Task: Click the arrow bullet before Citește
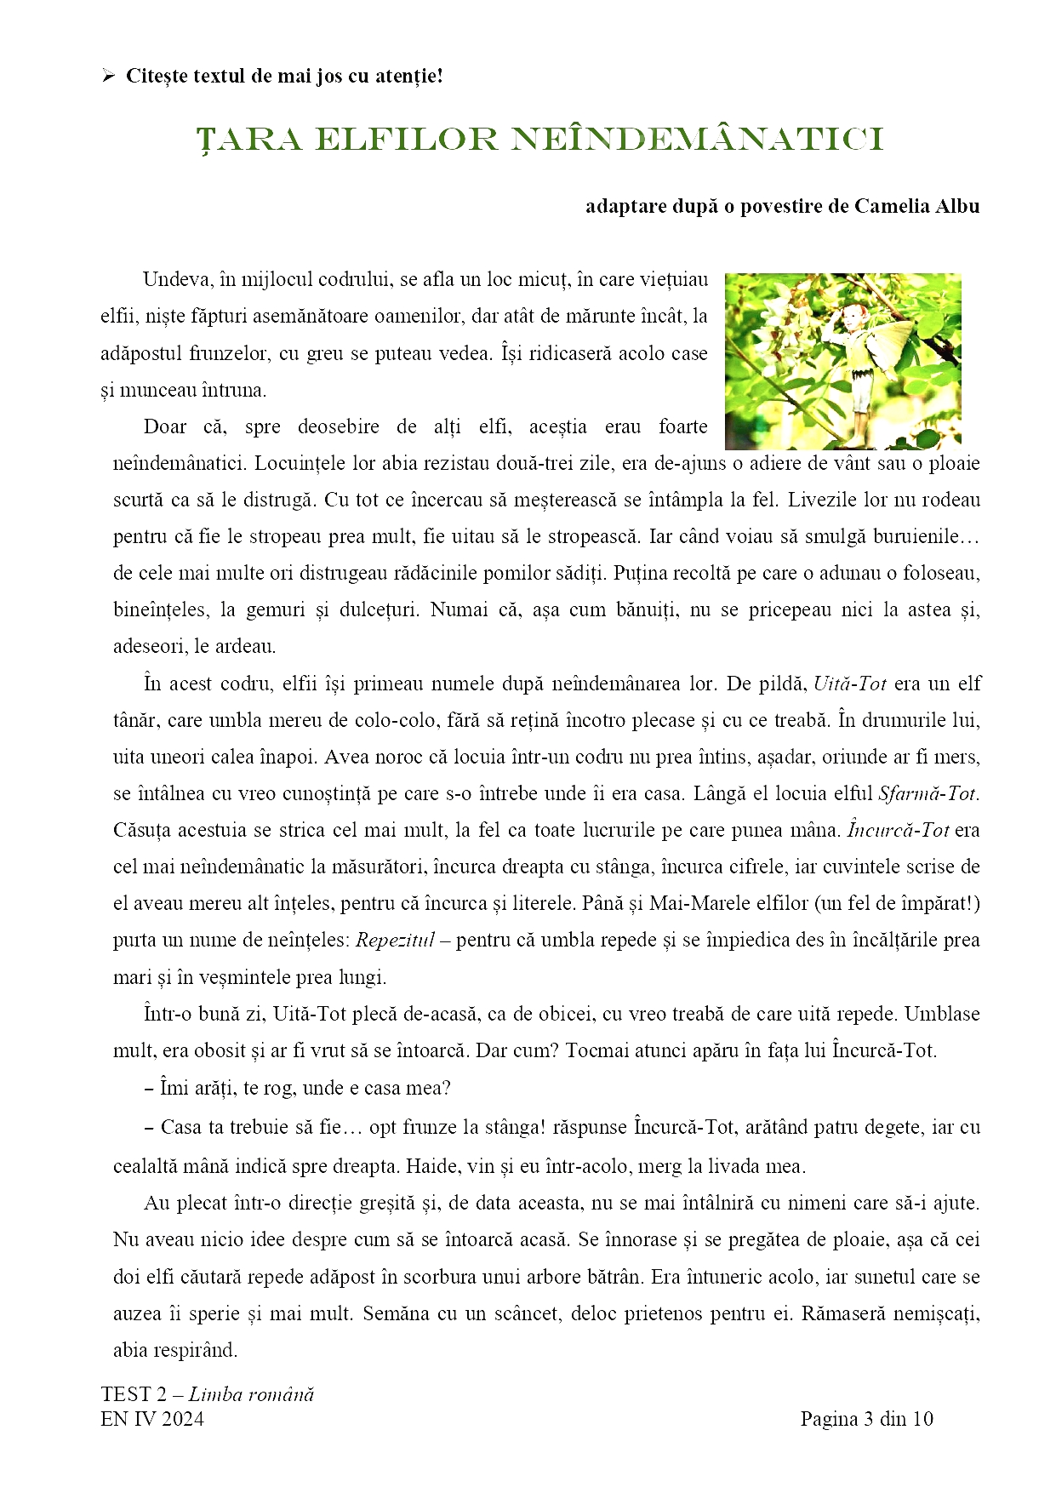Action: point(108,77)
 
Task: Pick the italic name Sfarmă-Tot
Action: point(928,793)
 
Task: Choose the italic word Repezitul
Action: point(395,941)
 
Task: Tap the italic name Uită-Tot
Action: point(850,684)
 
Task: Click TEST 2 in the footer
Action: point(134,1394)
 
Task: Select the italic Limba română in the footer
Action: point(251,1394)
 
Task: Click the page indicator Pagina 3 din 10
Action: point(866,1419)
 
